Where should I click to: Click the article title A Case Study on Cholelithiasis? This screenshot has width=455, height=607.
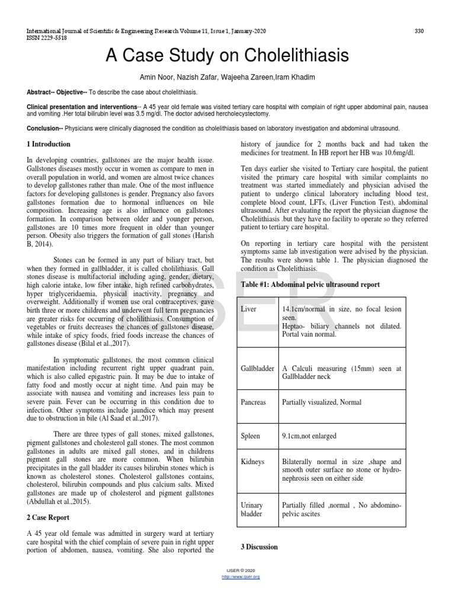point(227,57)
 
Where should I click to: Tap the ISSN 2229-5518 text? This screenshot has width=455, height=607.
point(46,37)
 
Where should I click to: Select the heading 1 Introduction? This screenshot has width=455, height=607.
point(49,144)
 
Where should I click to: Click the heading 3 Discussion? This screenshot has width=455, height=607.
point(259,547)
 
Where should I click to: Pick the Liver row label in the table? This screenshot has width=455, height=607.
point(249,309)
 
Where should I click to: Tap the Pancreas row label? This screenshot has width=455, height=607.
point(254,402)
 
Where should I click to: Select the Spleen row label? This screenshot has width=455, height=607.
point(251,436)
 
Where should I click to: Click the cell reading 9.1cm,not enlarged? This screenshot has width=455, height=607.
point(309,436)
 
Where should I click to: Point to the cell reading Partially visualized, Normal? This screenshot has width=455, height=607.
point(322,402)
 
